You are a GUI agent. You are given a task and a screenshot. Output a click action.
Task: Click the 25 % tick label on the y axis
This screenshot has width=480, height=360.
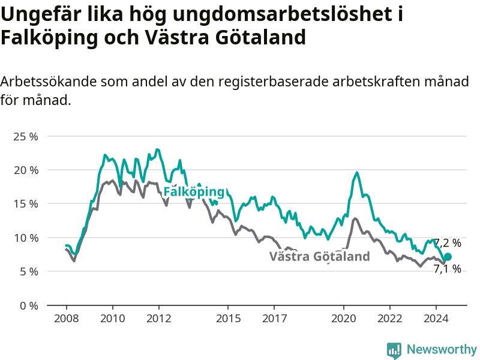click(26, 137)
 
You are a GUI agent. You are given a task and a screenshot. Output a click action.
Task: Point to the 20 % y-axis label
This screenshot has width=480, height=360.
click(26, 170)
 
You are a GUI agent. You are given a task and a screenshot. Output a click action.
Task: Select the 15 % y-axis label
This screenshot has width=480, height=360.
click(26, 204)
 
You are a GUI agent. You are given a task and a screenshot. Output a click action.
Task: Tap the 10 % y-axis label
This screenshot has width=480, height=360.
click(26, 238)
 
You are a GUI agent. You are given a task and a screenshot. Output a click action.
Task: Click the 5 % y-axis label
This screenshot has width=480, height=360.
click(29, 272)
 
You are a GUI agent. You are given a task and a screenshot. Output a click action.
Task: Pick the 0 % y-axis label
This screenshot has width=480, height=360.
click(29, 305)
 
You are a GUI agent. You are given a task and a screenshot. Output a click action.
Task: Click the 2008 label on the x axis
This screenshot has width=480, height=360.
click(67, 319)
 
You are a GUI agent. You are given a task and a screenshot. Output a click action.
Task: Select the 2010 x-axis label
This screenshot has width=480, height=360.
click(113, 319)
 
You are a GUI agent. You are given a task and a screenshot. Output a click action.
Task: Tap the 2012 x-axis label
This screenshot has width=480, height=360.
click(159, 319)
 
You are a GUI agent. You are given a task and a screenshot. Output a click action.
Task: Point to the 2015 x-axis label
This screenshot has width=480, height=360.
click(229, 319)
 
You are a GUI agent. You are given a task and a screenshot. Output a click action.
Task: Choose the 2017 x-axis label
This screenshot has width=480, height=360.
click(275, 319)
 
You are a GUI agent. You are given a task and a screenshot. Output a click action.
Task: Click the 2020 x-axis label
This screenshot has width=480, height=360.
click(344, 319)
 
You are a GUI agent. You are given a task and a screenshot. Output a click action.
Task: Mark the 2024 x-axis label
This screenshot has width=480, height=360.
click(436, 319)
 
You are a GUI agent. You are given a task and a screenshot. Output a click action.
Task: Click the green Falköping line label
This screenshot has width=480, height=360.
click(194, 192)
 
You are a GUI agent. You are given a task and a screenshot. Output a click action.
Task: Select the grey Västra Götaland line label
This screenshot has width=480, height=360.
click(320, 256)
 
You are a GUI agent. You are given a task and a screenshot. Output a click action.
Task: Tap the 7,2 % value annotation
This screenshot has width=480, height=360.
click(448, 243)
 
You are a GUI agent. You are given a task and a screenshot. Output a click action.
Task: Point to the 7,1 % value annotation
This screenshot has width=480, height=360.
click(447, 268)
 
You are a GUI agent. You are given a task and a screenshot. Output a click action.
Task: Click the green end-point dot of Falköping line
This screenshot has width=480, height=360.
click(448, 257)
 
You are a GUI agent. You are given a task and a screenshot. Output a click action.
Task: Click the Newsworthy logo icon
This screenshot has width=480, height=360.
click(394, 350)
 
